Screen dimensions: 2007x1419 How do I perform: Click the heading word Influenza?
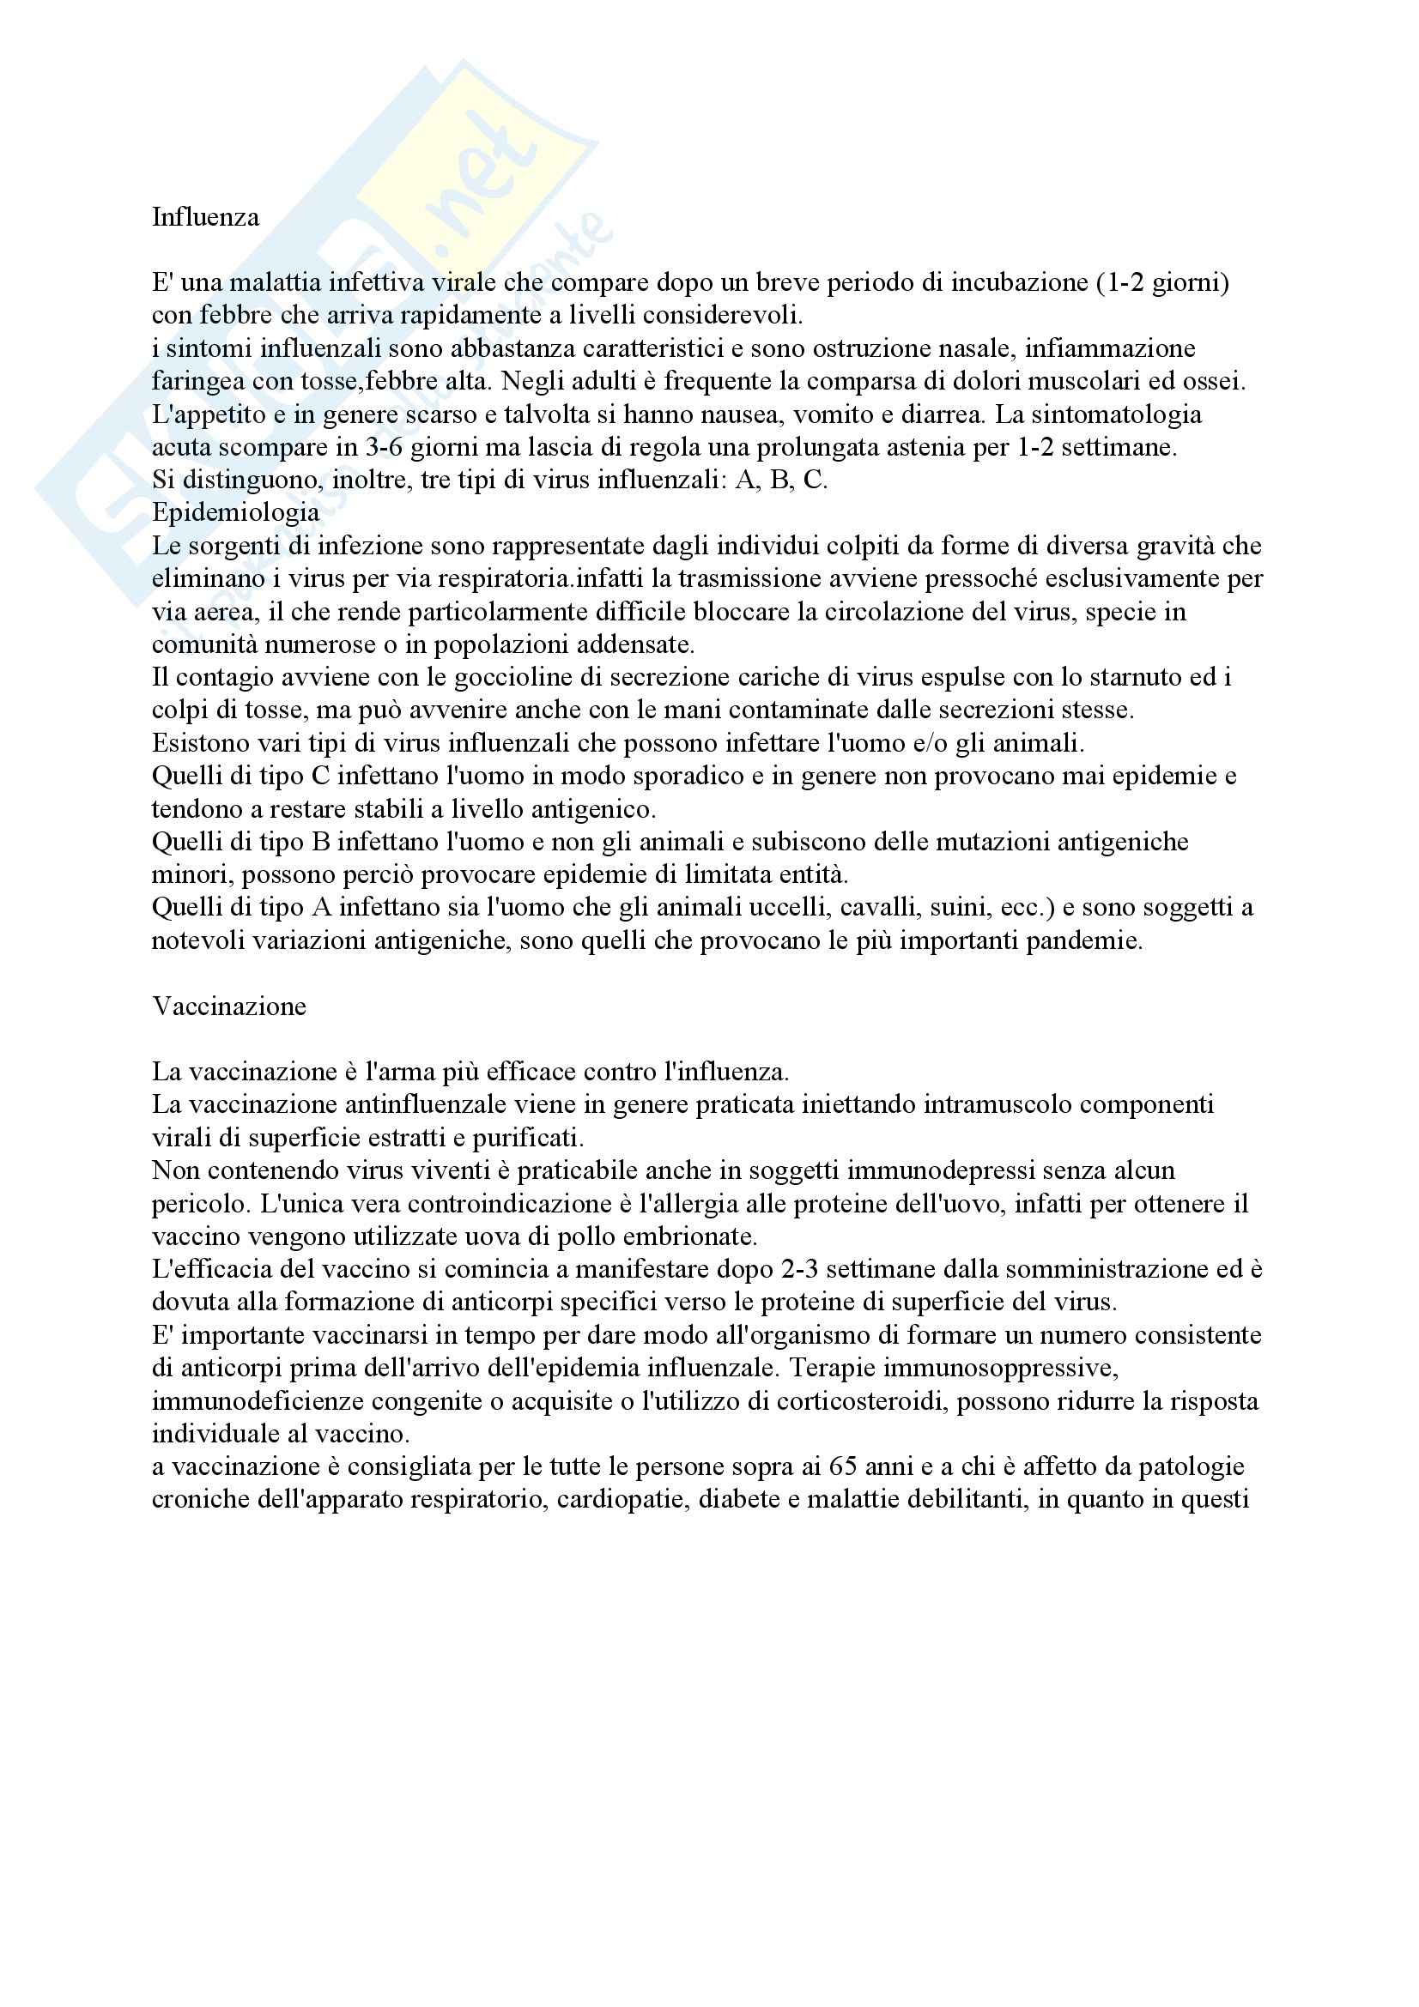point(205,217)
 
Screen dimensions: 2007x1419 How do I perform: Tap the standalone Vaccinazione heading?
point(229,1007)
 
